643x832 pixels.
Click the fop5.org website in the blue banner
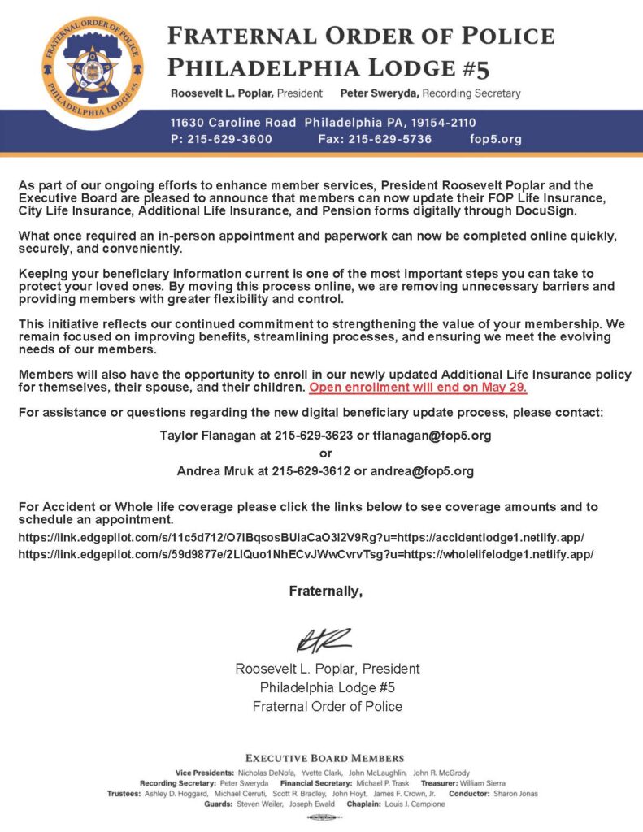pos(496,139)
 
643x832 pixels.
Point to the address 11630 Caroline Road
pos(233,123)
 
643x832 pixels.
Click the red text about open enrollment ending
pos(418,387)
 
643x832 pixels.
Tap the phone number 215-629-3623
pos(312,435)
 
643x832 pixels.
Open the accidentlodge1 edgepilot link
pos(301,538)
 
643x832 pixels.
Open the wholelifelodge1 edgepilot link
pos(306,554)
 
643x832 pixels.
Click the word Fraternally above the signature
pos(325,591)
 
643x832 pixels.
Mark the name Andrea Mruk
pos(214,470)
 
